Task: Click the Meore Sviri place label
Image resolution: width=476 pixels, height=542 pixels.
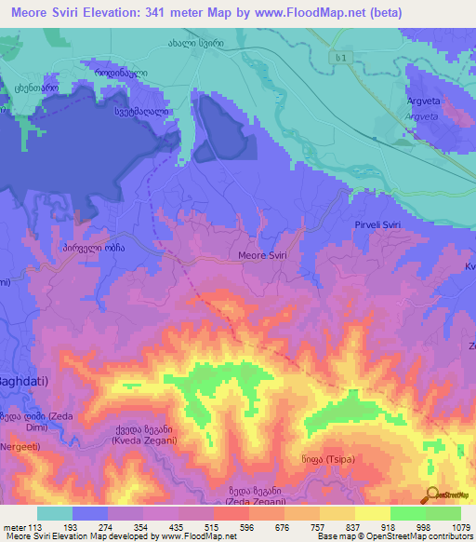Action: [264, 255]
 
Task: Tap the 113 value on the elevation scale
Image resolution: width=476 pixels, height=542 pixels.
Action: [30, 527]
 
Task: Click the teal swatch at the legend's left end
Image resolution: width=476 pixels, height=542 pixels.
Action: [55, 513]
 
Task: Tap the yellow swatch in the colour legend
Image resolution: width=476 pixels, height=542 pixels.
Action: [373, 513]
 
